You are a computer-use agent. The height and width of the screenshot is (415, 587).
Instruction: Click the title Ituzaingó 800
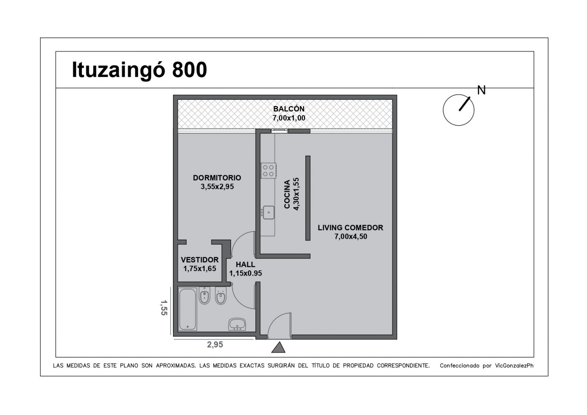click(x=139, y=70)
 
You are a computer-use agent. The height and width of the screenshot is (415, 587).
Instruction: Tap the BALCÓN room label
click(x=289, y=109)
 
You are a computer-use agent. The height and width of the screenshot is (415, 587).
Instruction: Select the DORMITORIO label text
click(x=217, y=178)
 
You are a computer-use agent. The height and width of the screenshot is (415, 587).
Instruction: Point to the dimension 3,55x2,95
click(x=217, y=187)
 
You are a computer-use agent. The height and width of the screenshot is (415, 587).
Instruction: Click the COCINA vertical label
click(x=287, y=194)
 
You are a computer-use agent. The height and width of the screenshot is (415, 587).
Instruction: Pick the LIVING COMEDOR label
click(x=351, y=227)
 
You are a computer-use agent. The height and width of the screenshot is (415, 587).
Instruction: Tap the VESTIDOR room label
click(x=200, y=260)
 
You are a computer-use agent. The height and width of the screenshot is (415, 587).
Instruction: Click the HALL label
click(x=245, y=264)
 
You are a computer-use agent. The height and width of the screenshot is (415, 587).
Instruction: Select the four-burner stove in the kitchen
click(x=268, y=170)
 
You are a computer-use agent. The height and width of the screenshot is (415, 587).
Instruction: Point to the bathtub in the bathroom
click(x=188, y=309)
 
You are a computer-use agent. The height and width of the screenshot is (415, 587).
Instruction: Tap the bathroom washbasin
click(x=237, y=324)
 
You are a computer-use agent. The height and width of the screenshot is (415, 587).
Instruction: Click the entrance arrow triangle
click(x=278, y=347)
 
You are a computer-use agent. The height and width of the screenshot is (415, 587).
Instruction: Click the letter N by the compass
click(x=481, y=90)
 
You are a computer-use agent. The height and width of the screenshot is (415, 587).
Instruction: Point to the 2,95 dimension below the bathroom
click(x=215, y=344)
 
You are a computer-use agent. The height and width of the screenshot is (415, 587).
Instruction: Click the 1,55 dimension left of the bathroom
click(x=164, y=308)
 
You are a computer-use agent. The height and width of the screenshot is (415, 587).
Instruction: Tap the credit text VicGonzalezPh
click(x=514, y=366)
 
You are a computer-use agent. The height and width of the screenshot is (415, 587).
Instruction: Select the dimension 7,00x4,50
click(x=351, y=236)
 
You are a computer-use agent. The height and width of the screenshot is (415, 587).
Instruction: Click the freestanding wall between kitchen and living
click(x=308, y=198)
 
